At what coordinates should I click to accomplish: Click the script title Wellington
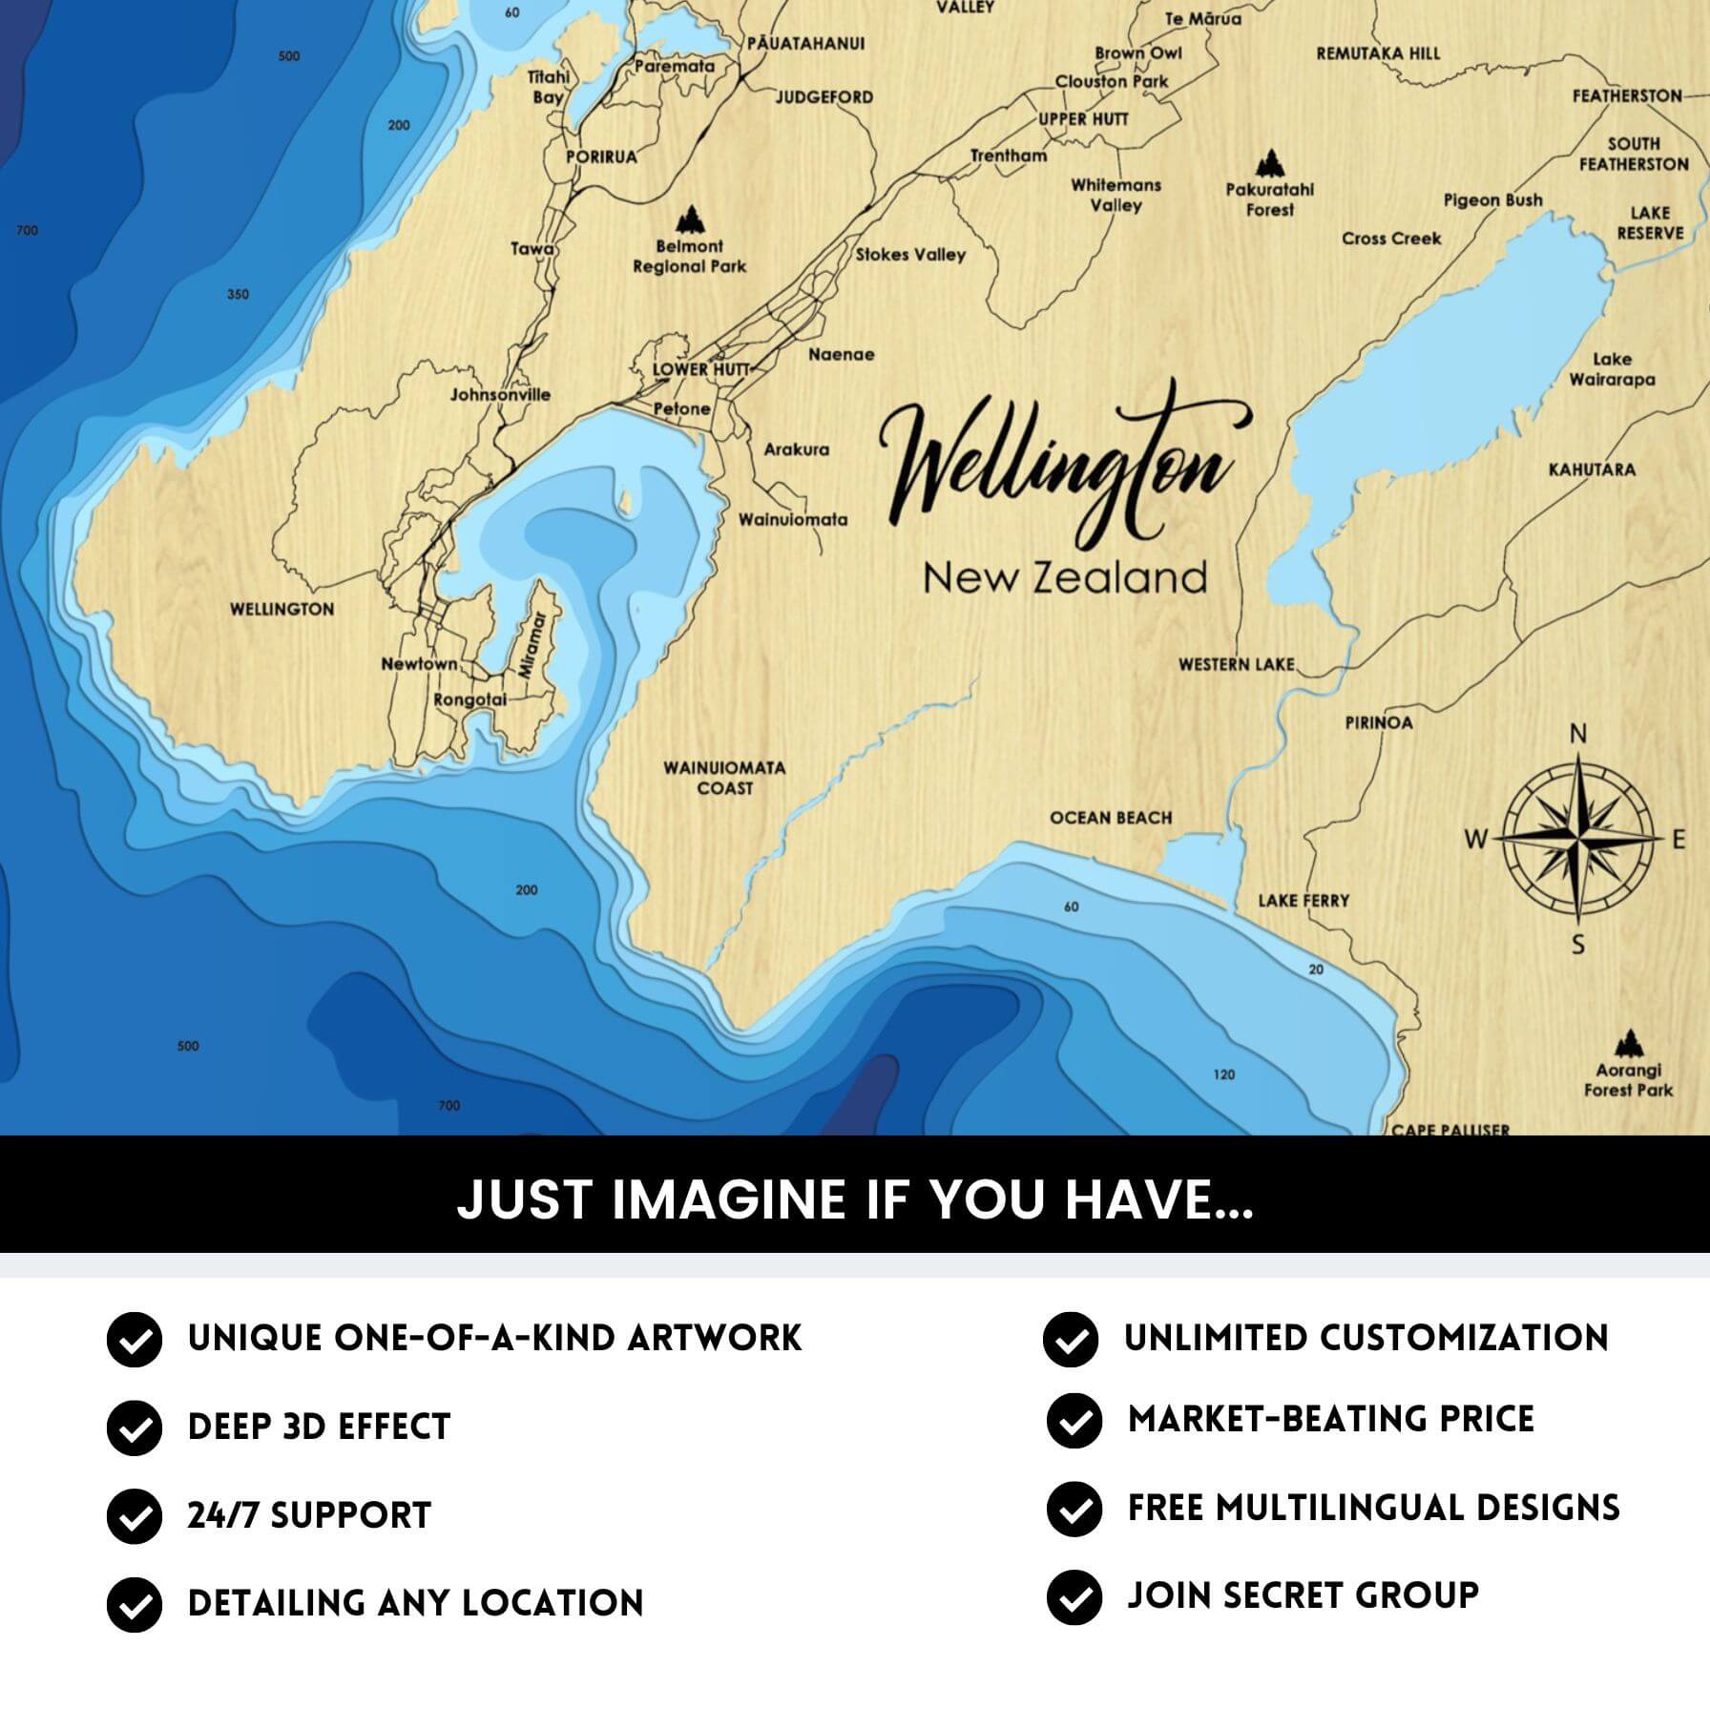(x=1059, y=468)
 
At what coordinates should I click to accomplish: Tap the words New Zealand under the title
(x=1065, y=578)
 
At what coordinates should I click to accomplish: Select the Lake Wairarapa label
(x=1612, y=369)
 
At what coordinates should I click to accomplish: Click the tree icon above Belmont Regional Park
(x=689, y=220)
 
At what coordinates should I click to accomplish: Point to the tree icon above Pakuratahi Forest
(x=1268, y=163)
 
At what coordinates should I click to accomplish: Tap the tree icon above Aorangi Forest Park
(x=1629, y=1043)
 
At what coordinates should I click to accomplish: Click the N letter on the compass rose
(x=1578, y=734)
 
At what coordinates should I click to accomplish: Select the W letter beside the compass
(x=1475, y=840)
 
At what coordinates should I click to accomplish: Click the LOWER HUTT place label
(x=687, y=369)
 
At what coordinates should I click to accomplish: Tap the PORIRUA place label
(x=601, y=157)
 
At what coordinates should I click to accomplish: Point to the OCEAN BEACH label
(x=1111, y=818)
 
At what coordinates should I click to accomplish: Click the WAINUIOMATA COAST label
(x=724, y=778)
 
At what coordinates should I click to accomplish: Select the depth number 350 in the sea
(x=238, y=294)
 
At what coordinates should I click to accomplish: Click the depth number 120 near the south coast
(x=1223, y=1074)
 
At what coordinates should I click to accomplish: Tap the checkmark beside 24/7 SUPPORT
(x=134, y=1515)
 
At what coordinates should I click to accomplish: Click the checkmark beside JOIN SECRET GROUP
(x=1074, y=1596)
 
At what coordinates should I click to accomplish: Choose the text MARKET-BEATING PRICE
(x=1330, y=1419)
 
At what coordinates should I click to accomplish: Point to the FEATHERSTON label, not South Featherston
(x=1626, y=95)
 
